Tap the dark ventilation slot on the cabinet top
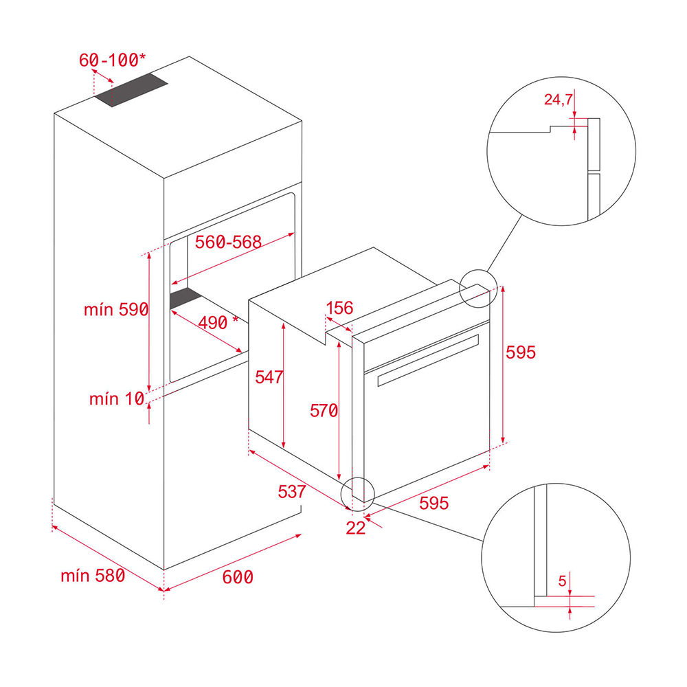click(131, 92)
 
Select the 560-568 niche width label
click(228, 242)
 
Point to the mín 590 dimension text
click(116, 310)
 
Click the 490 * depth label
click(218, 322)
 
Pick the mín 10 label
click(116, 398)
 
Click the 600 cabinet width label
click(238, 577)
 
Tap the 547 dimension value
click(269, 376)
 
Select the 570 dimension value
click(324, 411)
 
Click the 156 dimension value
click(339, 308)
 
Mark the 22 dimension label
click(355, 528)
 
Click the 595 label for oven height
click(520, 352)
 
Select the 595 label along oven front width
click(433, 504)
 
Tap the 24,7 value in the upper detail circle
click(558, 100)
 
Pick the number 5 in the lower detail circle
click(562, 582)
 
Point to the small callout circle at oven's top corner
click(477, 288)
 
